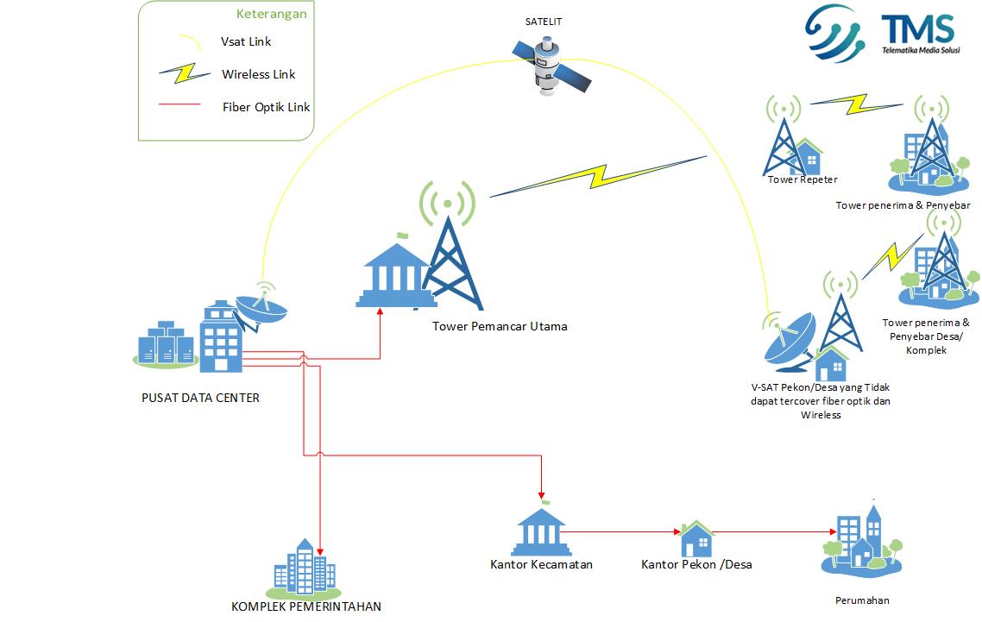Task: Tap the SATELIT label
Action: pyautogui.click(x=544, y=22)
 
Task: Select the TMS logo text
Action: pyautogui.click(x=917, y=31)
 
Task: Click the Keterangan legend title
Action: pyautogui.click(x=271, y=14)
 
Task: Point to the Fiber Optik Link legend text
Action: pyautogui.click(x=266, y=107)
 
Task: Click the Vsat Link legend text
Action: pyautogui.click(x=246, y=41)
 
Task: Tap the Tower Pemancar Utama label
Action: pyautogui.click(x=500, y=326)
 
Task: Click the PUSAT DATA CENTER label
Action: pyautogui.click(x=200, y=398)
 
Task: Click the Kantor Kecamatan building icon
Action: pyautogui.click(x=541, y=531)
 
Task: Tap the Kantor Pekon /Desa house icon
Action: pyautogui.click(x=696, y=539)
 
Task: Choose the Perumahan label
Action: pyautogui.click(x=861, y=600)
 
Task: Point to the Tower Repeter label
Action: pyautogui.click(x=803, y=179)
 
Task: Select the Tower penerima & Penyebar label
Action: pyautogui.click(x=903, y=205)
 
